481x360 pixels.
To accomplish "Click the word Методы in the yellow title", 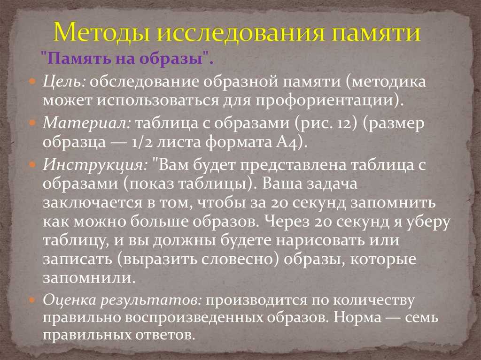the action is [101, 32].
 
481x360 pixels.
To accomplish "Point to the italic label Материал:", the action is [87, 123].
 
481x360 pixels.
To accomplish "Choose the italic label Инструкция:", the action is [95, 165].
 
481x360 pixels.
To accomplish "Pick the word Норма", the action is [357, 317].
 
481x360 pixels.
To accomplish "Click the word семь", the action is [421, 318].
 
